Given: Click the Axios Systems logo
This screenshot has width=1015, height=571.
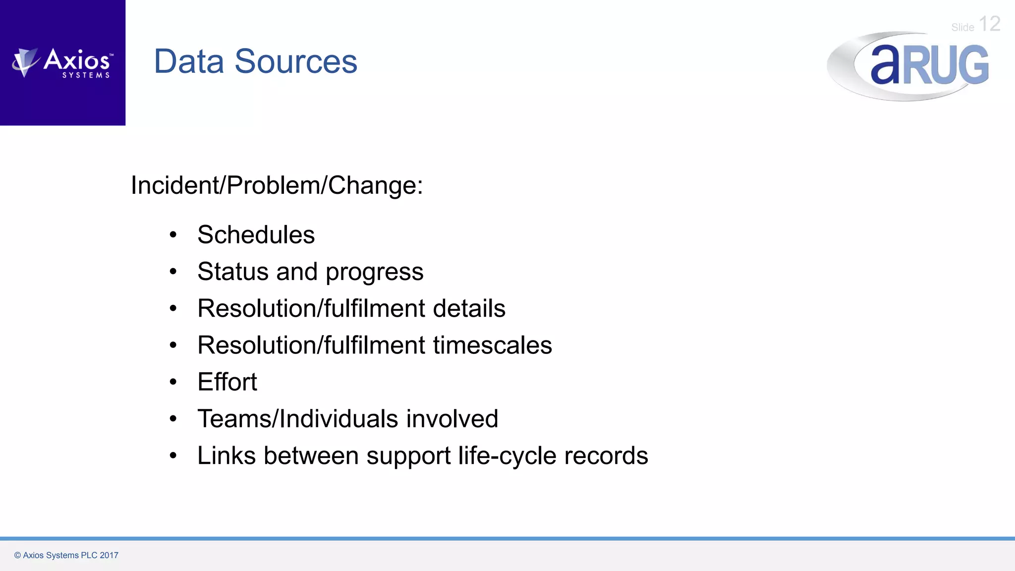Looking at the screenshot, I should (63, 63).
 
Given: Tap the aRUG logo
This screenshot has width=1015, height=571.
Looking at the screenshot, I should (908, 66).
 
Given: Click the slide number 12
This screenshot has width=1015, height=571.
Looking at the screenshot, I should (990, 24).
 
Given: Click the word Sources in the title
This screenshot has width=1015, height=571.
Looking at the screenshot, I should (296, 61).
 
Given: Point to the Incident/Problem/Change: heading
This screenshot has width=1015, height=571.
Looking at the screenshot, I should (277, 185).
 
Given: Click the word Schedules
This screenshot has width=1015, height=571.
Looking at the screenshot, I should (256, 234).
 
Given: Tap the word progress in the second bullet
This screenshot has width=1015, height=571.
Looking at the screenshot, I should (374, 272).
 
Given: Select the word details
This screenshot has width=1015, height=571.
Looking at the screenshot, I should (469, 308).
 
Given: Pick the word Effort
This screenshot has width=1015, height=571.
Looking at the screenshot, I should (227, 382).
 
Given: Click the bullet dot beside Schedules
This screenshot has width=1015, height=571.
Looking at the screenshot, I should (173, 235).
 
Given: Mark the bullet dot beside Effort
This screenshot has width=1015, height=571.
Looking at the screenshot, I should (173, 382).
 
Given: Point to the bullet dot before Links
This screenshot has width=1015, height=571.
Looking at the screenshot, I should (173, 456).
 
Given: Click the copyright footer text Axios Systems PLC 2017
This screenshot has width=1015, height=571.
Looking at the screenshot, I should (66, 555).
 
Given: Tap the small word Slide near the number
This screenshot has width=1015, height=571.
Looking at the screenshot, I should (962, 28).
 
